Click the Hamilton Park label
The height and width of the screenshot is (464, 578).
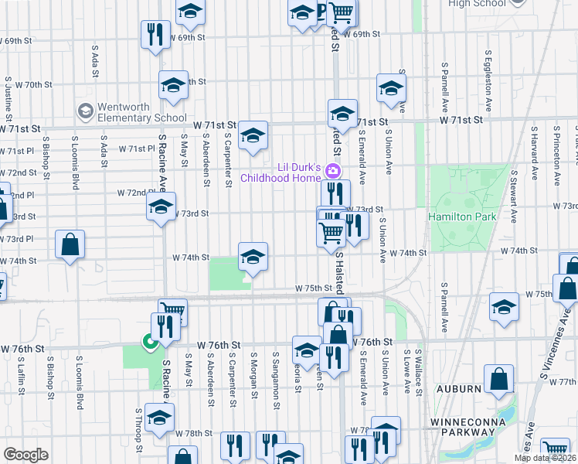[x=463, y=217]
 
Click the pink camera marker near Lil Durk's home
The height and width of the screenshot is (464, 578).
[x=333, y=170]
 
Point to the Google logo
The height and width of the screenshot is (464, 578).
[x=25, y=455]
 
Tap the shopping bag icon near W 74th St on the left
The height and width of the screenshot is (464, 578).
[x=70, y=245]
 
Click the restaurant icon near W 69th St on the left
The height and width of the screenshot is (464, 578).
[x=155, y=34]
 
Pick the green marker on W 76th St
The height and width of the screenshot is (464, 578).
[x=147, y=340]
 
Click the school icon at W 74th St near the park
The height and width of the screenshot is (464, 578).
[x=252, y=257]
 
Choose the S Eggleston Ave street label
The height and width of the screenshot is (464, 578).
[x=488, y=75]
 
